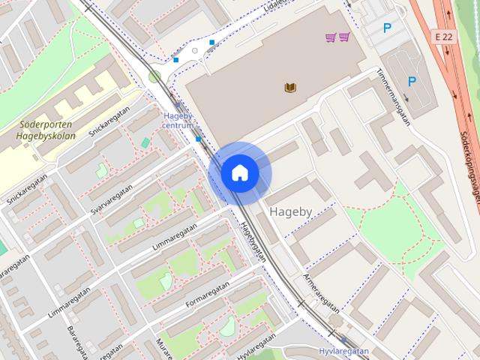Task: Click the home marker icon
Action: pos(239,173)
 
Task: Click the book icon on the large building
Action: pos(290,88)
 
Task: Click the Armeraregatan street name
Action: pos(321,293)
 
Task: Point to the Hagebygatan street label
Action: pos(254,242)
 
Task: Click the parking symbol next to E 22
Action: pos(387,28)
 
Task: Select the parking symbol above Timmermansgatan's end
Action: pos(412,81)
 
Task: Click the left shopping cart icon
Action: pos(331,37)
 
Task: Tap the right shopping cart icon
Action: pos(343,37)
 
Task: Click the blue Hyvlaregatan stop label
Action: pos(343,351)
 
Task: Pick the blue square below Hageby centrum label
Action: pos(198,139)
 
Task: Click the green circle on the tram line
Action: pos(154,76)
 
